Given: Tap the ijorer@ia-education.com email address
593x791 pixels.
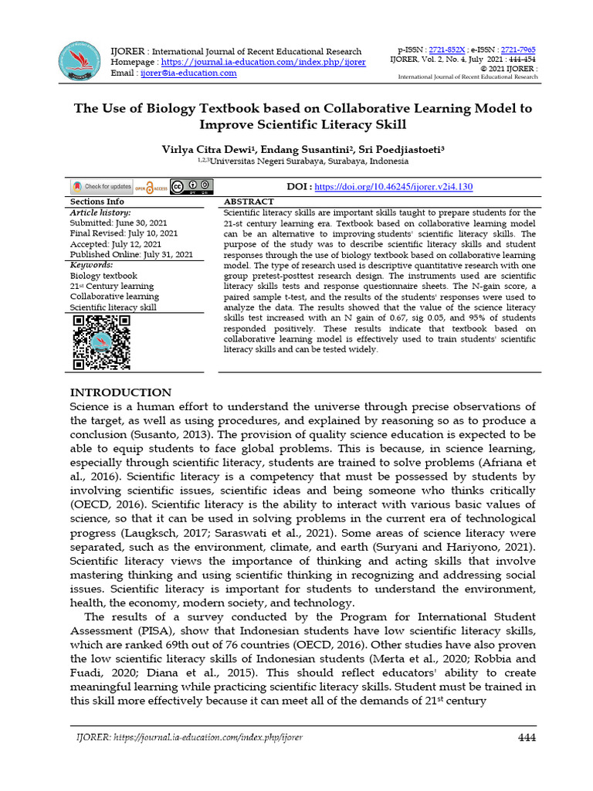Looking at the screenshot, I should (188, 73).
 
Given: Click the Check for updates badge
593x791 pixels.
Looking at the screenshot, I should (101, 187).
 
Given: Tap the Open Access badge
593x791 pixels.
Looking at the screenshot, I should (151, 187).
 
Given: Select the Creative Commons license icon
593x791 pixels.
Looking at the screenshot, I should (191, 187).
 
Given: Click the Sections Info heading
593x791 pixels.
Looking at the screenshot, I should (97, 202).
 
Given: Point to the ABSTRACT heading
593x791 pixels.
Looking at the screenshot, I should (249, 202).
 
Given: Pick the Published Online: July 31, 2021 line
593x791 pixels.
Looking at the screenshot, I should (131, 254).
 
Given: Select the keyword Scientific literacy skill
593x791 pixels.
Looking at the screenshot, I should (113, 307).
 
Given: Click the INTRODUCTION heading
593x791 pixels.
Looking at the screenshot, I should (120, 392).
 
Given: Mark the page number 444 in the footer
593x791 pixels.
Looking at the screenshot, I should (527, 737).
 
